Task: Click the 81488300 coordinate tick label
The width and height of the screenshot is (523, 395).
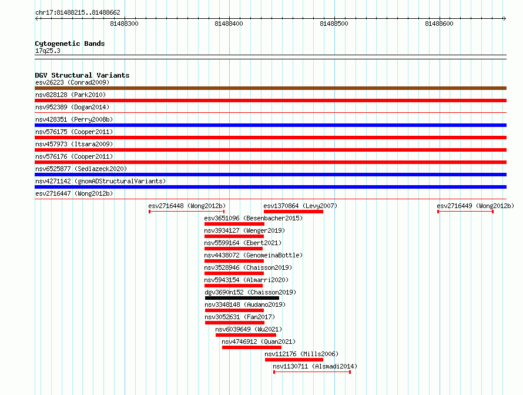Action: click(124, 24)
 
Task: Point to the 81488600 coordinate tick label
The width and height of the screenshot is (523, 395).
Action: click(439, 24)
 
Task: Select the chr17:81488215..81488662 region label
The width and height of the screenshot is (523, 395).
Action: click(78, 13)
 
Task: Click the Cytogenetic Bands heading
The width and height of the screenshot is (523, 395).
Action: click(70, 43)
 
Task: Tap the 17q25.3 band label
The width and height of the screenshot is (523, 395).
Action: click(48, 51)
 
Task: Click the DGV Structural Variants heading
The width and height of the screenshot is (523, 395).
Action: click(82, 75)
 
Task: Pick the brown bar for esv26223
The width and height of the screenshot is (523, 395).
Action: click(270, 88)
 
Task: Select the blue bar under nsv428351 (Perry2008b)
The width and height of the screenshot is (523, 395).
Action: click(270, 125)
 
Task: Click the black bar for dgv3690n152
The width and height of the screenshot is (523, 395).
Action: click(242, 298)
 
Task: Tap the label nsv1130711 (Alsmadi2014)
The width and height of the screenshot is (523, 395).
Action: click(315, 366)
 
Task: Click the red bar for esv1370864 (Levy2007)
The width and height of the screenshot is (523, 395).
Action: click(293, 212)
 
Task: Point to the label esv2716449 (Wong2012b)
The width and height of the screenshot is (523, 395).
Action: click(475, 206)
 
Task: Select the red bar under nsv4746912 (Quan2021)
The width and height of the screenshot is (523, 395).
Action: click(252, 347)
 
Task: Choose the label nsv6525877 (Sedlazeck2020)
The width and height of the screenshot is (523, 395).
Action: click(81, 169)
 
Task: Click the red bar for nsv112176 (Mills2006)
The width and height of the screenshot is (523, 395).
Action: click(294, 360)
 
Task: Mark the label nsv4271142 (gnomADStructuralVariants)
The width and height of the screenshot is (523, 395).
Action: click(100, 181)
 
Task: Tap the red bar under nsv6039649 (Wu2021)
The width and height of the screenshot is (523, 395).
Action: click(246, 335)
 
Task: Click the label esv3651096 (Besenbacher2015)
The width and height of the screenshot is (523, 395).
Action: click(253, 218)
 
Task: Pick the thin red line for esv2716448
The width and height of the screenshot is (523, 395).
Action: click(186, 212)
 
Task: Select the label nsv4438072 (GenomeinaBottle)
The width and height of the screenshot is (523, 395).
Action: click(253, 255)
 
